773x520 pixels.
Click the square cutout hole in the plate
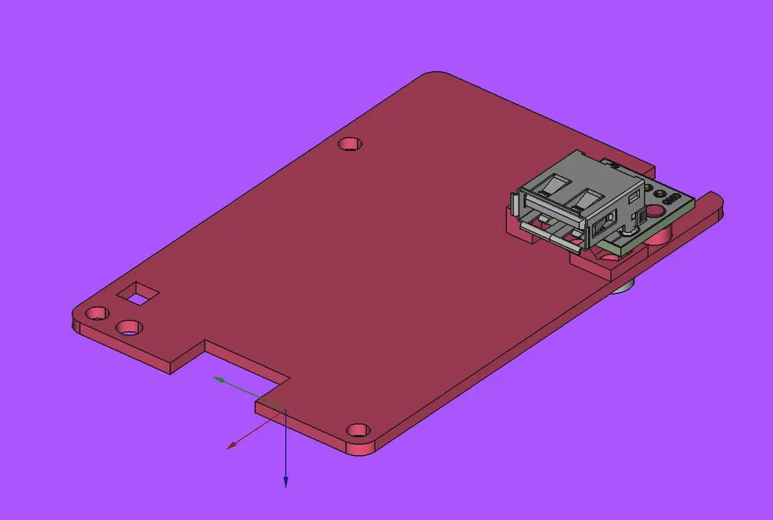point(138,293)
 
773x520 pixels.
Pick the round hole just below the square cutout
point(129,326)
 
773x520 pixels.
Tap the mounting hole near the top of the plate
point(352,144)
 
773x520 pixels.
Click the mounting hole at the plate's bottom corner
point(359,430)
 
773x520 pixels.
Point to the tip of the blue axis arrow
point(285,485)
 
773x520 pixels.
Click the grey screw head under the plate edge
point(623,288)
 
